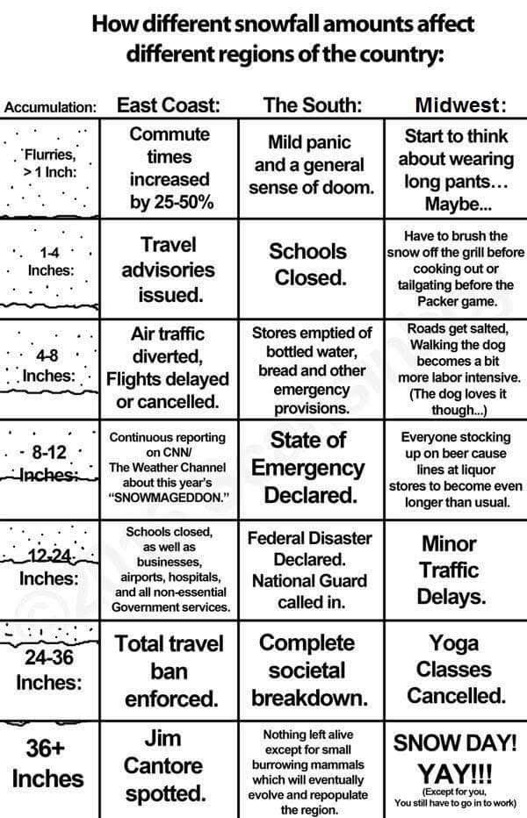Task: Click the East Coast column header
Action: (x=168, y=105)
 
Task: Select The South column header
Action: (x=313, y=105)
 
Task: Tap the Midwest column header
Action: (x=459, y=105)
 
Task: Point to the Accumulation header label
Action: (x=50, y=108)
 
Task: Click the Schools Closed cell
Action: (x=308, y=264)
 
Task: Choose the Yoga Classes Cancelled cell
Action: (x=456, y=671)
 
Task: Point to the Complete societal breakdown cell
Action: (x=308, y=671)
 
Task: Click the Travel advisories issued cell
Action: (x=168, y=269)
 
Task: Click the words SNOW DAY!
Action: (x=454, y=743)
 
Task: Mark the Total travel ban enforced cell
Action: (x=170, y=671)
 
